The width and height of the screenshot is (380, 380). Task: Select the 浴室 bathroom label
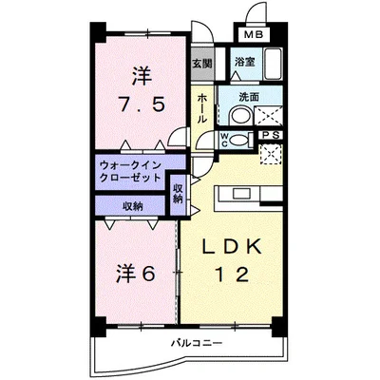(x=244, y=63)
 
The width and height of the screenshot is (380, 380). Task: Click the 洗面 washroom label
(x=249, y=96)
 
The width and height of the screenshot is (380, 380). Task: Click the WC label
(x=224, y=138)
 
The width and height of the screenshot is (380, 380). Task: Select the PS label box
(x=272, y=134)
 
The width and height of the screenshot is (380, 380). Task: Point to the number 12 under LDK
(x=231, y=275)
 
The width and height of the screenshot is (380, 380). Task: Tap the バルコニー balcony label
(x=196, y=342)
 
